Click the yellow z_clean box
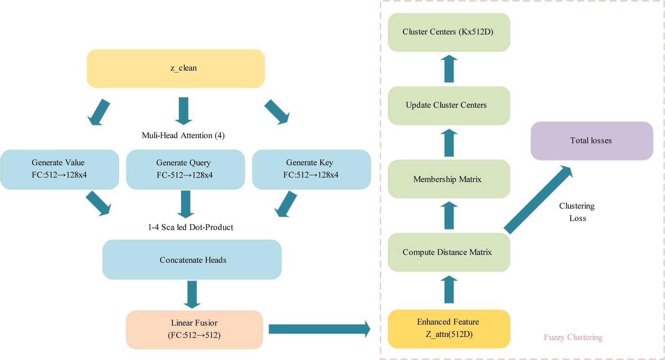coord(176,69)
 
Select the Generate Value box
coord(60,169)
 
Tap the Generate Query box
coord(186,169)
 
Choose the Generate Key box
coord(311,169)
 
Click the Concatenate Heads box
coord(192,260)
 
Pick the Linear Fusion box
coord(195,329)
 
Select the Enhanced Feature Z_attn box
coord(449,329)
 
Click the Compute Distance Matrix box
coord(449,252)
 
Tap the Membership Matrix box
coord(449,179)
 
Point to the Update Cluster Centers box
coord(449,105)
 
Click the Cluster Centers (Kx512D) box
coord(449,32)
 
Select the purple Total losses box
coord(592,141)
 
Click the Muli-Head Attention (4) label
coord(183,135)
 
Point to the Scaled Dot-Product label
coord(191,227)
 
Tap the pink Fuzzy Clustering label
coord(573,337)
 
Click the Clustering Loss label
coord(577,212)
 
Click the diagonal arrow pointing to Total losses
coord(539,200)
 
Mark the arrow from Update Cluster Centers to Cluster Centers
coord(449,69)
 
